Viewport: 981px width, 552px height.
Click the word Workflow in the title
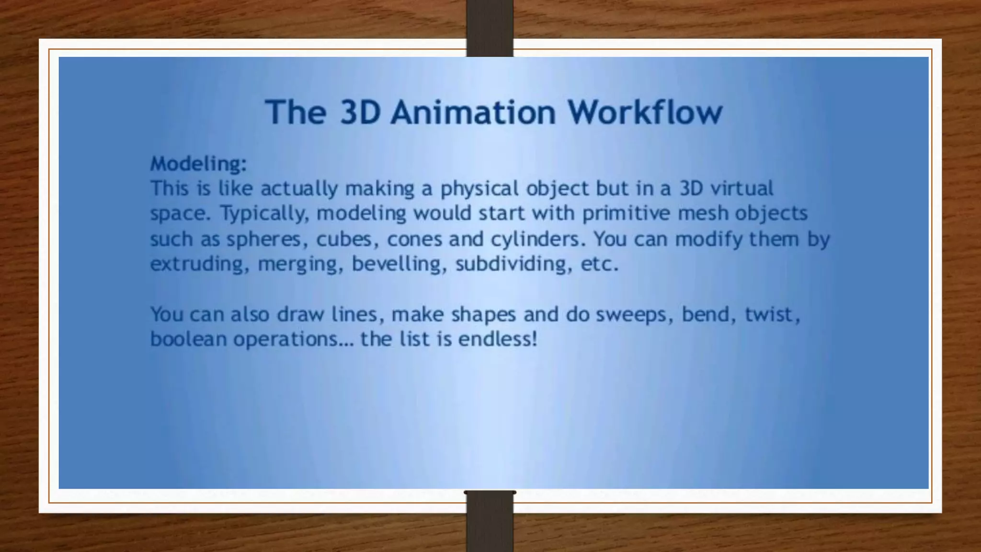[645, 112]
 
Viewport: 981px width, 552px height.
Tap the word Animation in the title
[473, 112]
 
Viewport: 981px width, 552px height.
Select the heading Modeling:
[198, 164]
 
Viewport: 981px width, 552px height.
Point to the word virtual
[741, 188]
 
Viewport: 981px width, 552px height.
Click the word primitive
[626, 214]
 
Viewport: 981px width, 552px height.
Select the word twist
[772, 314]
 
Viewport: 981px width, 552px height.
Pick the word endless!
[498, 339]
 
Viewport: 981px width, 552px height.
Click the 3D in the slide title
[360, 112]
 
